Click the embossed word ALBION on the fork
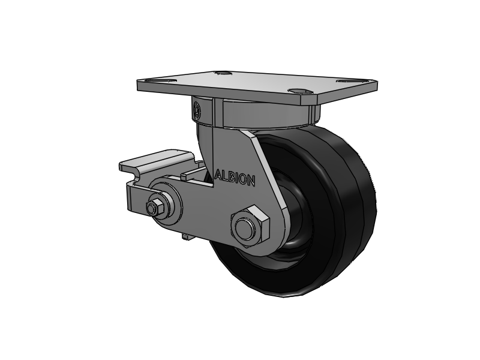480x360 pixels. pos(235,178)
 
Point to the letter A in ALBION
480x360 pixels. pos(219,175)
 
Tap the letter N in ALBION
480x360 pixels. pos(251,181)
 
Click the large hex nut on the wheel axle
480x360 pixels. pos(250,226)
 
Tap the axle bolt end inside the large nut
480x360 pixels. pos(245,227)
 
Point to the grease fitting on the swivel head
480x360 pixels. pos(197,109)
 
